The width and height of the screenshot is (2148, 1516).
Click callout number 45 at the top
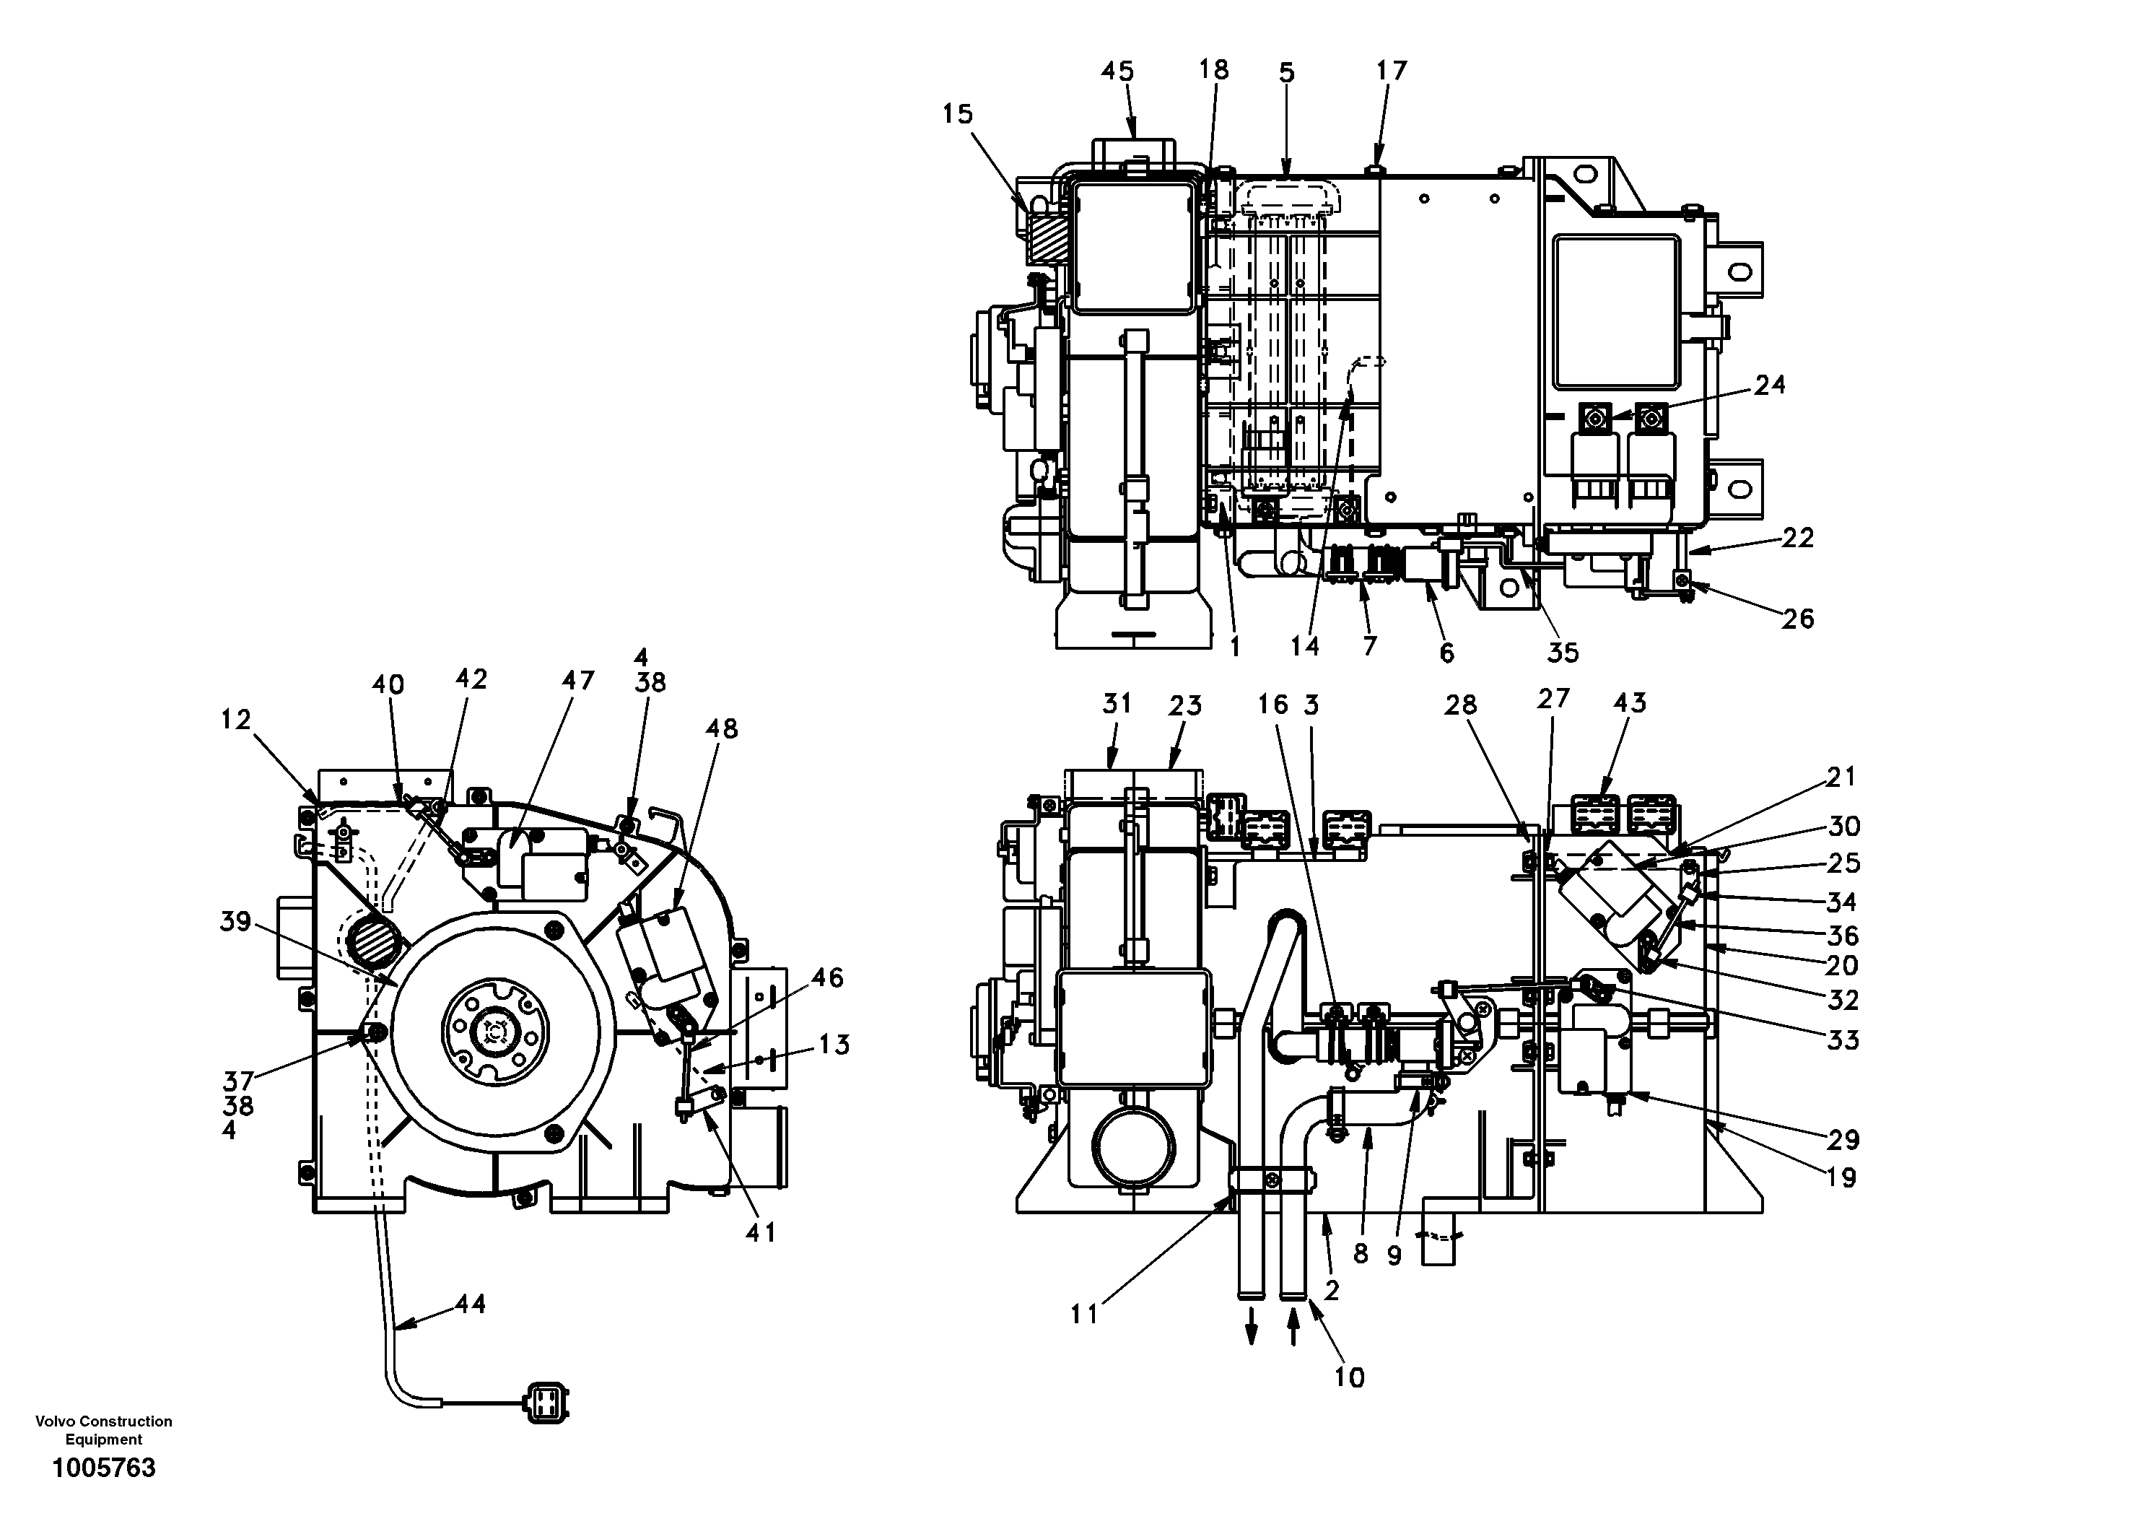(1117, 71)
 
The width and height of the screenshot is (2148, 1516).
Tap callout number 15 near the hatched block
(957, 114)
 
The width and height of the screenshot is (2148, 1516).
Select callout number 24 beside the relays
(1769, 385)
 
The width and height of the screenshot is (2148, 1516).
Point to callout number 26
(1797, 619)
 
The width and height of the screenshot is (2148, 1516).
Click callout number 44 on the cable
(470, 1304)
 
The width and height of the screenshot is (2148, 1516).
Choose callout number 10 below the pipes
(1349, 1377)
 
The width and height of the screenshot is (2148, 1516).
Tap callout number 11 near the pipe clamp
(1083, 1315)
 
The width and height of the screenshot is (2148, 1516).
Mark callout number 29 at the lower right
(1842, 1140)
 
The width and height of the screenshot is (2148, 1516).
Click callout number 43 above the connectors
(1630, 703)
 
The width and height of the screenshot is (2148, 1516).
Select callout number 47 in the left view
(577, 680)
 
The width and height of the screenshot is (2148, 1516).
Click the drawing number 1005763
(104, 1468)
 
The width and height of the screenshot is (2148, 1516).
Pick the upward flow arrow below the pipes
(1293, 1329)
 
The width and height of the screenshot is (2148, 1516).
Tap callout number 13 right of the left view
(834, 1045)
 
